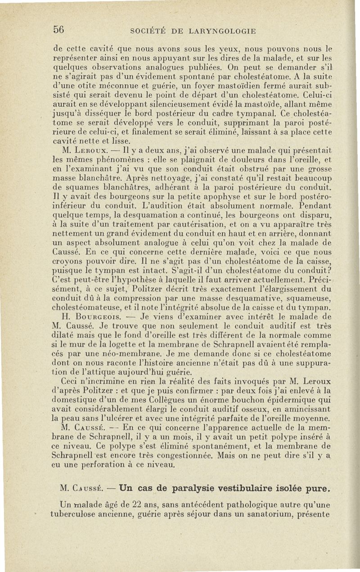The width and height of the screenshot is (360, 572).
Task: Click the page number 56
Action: coord(59,30)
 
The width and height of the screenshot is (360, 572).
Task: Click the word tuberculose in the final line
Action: coord(73,513)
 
